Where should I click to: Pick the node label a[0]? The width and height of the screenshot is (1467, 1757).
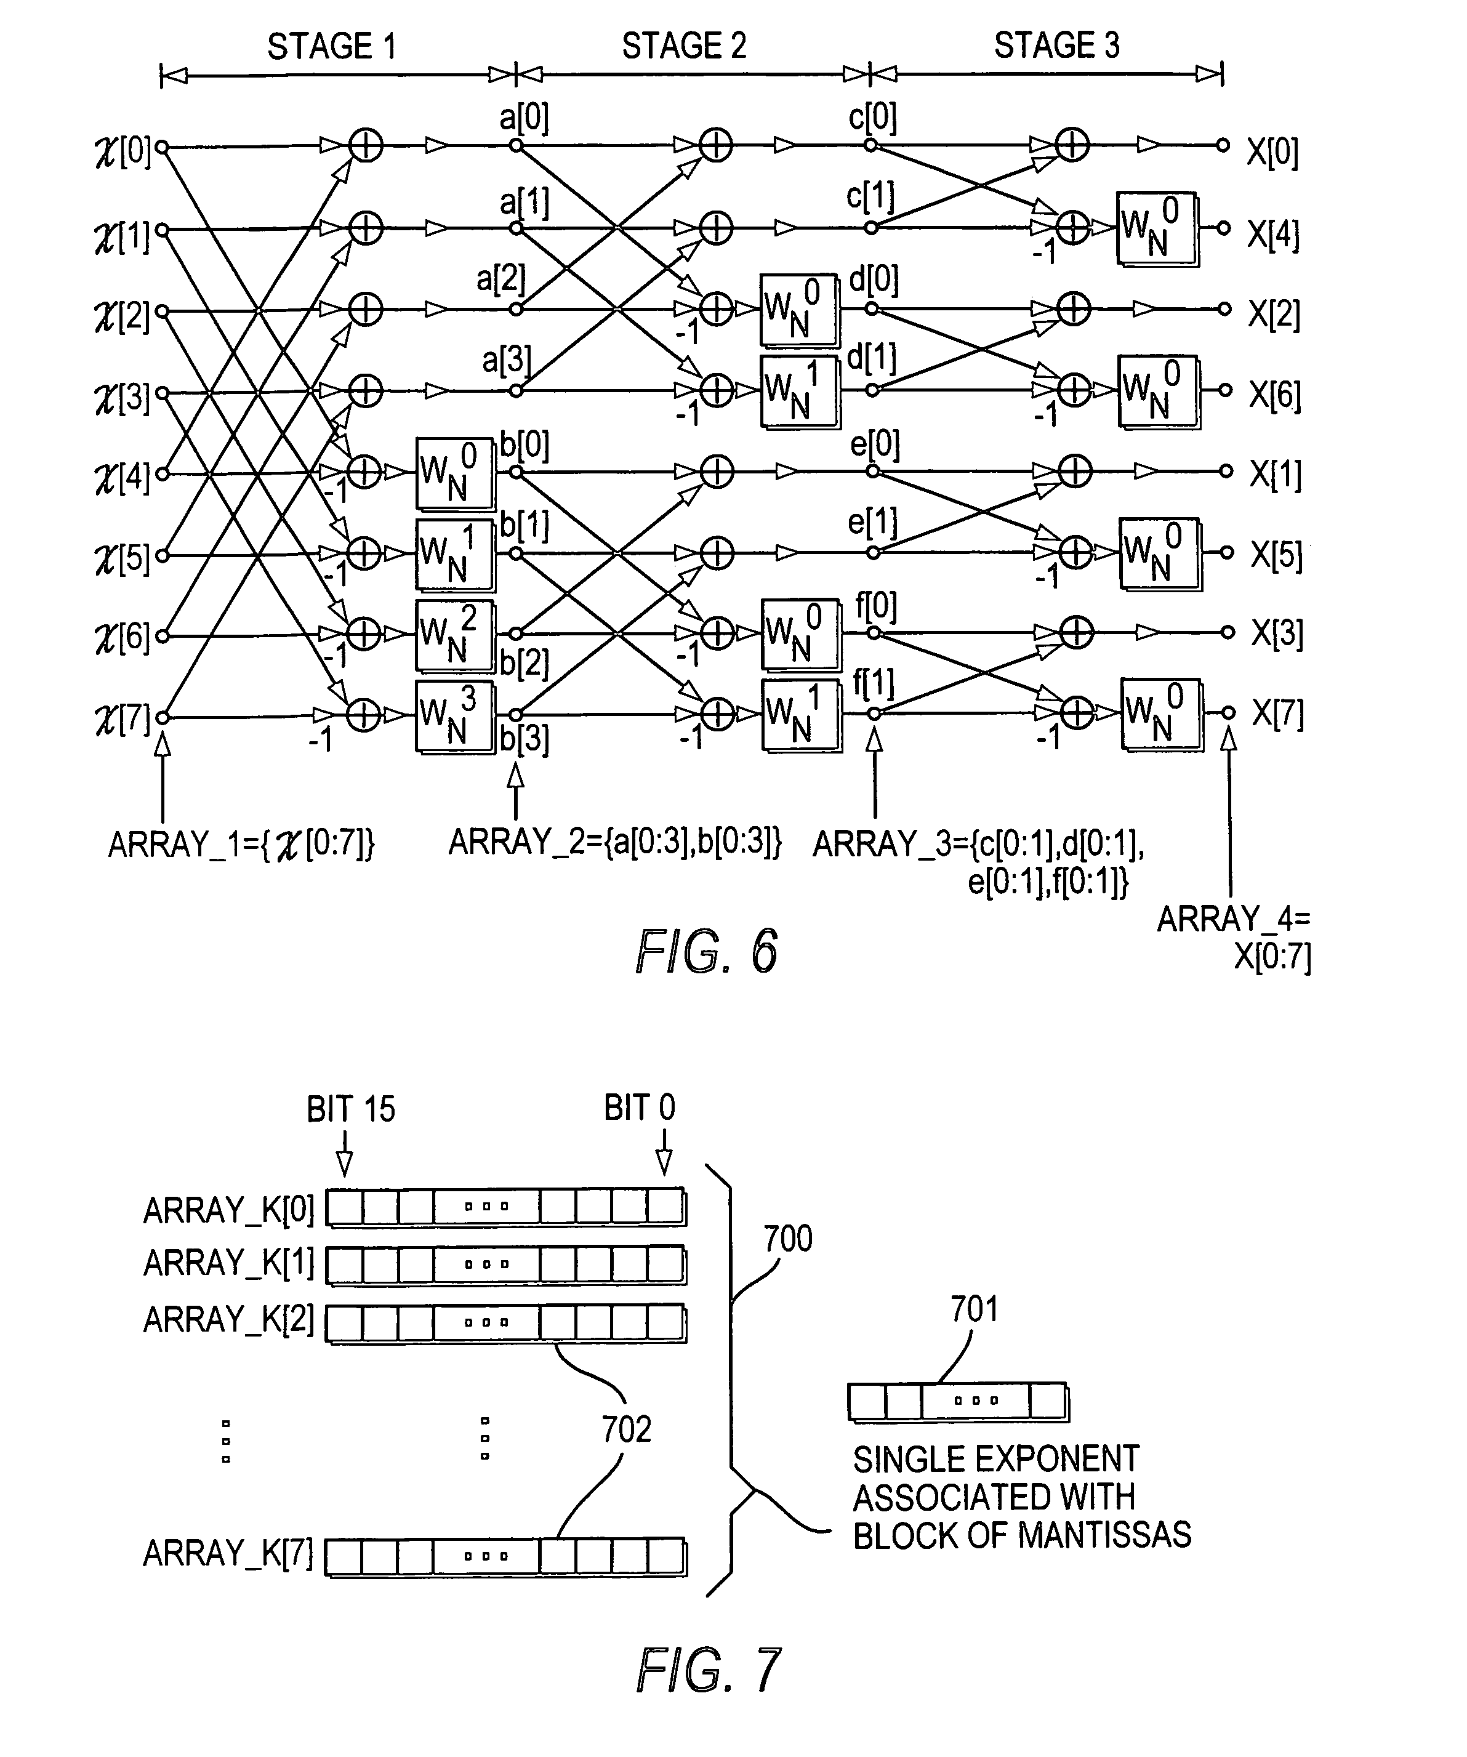524,117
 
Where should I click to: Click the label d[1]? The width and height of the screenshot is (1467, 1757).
871,358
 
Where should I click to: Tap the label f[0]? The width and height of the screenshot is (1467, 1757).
875,606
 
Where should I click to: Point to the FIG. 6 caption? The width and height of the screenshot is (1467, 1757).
707,951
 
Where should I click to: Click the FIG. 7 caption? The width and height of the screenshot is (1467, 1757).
709,1670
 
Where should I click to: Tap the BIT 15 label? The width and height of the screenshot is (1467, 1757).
351,1109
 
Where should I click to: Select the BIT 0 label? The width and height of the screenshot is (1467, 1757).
640,1108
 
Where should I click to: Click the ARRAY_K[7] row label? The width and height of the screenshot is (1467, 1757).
228,1554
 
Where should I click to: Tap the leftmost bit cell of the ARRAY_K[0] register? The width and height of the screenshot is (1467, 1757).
344,1207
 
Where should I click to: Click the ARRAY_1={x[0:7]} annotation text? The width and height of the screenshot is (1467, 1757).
242,845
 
